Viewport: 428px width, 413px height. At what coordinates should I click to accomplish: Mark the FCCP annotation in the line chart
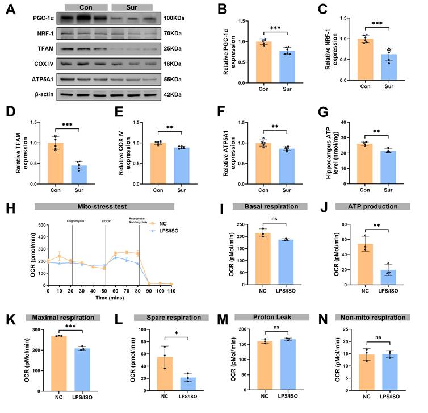pos(106,220)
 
